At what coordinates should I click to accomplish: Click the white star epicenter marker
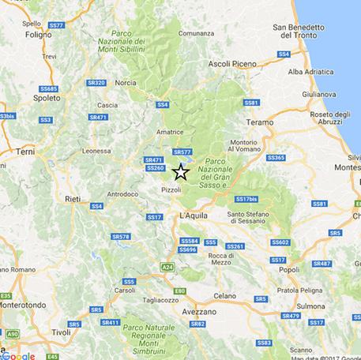coord(181,172)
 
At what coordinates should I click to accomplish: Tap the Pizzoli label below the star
coord(171,190)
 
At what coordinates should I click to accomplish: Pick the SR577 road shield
coord(182,152)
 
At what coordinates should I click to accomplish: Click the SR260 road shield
coord(156,168)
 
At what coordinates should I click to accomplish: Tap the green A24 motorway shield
coord(167,268)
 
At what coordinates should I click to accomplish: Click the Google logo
coord(18,354)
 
